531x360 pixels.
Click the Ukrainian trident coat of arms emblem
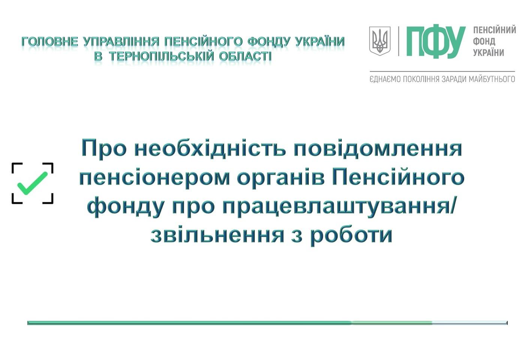tap(380, 41)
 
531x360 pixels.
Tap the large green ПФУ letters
tap(436, 42)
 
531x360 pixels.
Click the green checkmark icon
tap(33, 183)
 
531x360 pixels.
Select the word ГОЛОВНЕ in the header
tap(49, 42)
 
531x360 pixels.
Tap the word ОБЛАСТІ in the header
tap(245, 57)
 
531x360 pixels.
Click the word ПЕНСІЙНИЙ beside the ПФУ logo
tap(495, 30)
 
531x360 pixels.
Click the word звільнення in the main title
tap(217, 235)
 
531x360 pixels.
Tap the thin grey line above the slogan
tap(442, 71)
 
